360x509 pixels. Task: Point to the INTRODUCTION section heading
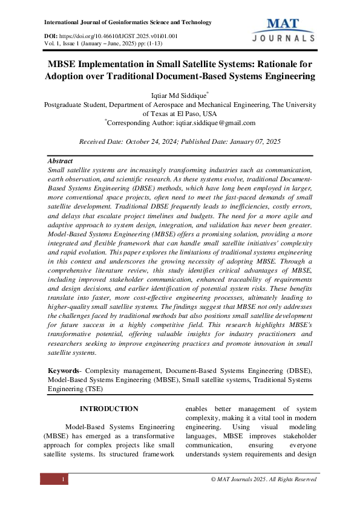click(x=109, y=409)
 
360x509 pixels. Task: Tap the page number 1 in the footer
click(x=63, y=479)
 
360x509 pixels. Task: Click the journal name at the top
click(x=128, y=22)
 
